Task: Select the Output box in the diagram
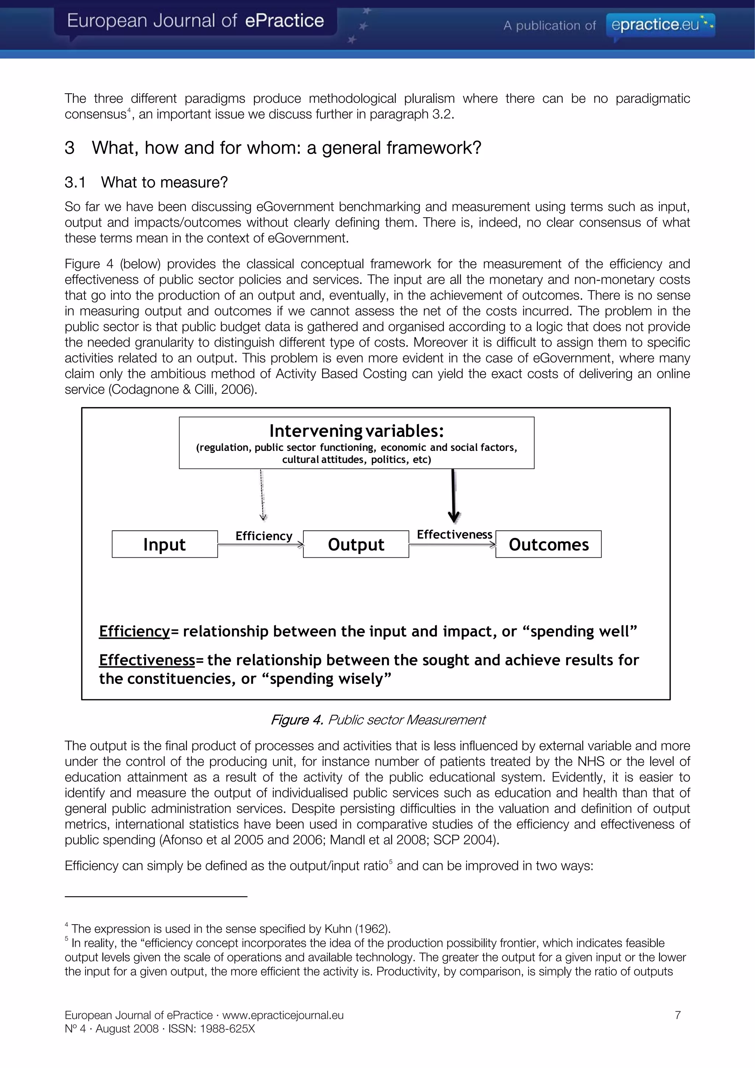click(356, 544)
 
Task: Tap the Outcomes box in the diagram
click(549, 544)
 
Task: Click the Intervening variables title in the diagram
click(356, 431)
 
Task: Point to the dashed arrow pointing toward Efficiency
click(262, 495)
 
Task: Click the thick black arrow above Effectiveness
click(453, 496)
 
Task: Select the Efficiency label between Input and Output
click(264, 536)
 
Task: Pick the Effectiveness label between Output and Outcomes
click(454, 535)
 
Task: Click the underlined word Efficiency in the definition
click(135, 631)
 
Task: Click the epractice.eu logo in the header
click(660, 24)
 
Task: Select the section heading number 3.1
click(75, 182)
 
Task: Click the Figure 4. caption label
click(297, 720)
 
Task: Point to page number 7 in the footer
click(678, 1015)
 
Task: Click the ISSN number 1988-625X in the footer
click(227, 1029)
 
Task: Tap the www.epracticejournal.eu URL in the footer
click(283, 1015)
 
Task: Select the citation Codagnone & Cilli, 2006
click(182, 389)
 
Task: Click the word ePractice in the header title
click(284, 21)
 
